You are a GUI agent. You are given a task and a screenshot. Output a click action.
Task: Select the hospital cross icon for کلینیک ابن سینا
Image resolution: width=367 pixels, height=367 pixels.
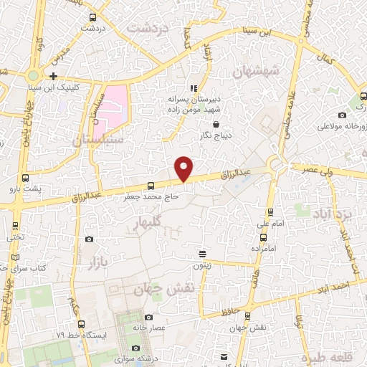(x=54, y=75)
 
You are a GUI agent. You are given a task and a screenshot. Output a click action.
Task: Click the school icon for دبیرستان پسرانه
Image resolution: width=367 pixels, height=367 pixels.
(x=193, y=87)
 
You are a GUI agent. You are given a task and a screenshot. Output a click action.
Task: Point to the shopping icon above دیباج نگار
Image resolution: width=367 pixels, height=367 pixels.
(x=216, y=124)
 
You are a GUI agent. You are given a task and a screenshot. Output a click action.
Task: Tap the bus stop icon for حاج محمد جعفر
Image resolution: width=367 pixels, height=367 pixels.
(x=150, y=186)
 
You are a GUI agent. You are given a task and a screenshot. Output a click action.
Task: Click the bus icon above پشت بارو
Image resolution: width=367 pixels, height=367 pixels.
(x=26, y=178)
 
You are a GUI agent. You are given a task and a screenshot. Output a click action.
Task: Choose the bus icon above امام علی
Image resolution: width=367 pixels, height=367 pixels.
(x=270, y=212)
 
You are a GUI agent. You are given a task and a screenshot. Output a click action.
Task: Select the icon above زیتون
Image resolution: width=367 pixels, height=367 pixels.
(x=203, y=254)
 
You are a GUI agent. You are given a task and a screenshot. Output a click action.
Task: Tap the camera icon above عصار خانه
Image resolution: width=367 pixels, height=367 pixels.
(x=148, y=317)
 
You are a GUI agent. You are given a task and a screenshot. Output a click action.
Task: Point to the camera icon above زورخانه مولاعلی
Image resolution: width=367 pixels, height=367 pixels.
(x=343, y=115)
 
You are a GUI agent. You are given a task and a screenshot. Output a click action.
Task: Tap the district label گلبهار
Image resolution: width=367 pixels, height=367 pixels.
(x=146, y=224)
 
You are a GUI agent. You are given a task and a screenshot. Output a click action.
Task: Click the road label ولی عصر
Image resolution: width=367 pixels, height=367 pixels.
(x=318, y=171)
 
